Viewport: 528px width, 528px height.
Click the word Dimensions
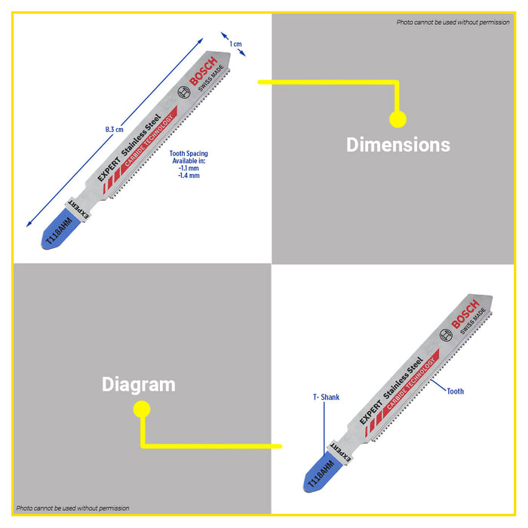click(398, 145)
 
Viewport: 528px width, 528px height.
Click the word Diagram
click(138, 385)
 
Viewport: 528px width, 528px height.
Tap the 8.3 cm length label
click(114, 129)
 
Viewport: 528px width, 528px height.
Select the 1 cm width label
click(235, 44)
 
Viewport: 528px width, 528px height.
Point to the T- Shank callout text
click(326, 398)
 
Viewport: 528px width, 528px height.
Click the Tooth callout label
click(456, 391)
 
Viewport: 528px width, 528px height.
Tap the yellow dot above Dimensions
click(398, 119)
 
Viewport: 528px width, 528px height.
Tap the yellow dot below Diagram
click(142, 409)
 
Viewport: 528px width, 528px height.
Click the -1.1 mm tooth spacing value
click(189, 168)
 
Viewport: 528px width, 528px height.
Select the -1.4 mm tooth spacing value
click(189, 176)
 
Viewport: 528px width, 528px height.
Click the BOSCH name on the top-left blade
click(204, 71)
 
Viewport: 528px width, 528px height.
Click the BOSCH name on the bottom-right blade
click(465, 315)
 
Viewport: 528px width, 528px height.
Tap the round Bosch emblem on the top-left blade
click(184, 92)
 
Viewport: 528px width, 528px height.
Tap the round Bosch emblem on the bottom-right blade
click(446, 336)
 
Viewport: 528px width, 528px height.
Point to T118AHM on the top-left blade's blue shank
click(59, 231)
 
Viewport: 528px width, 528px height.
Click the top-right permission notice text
click(453, 22)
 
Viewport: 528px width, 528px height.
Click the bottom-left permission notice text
click(72, 508)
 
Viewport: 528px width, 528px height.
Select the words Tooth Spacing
click(189, 154)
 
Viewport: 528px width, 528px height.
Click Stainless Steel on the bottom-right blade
click(403, 378)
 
